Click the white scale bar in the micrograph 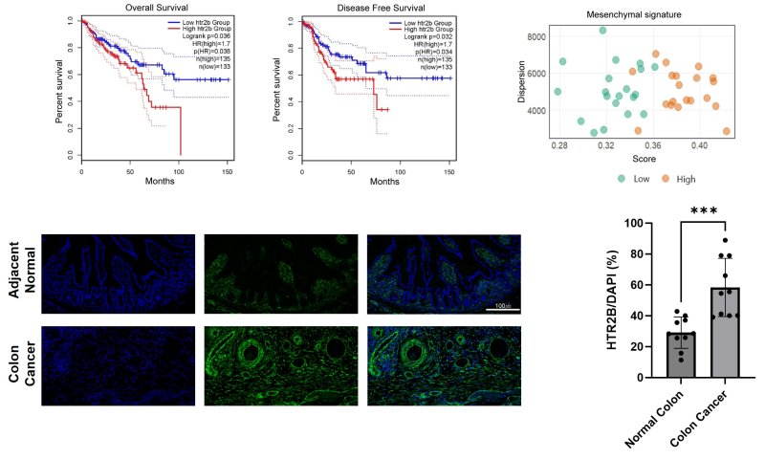tap(503, 307)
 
